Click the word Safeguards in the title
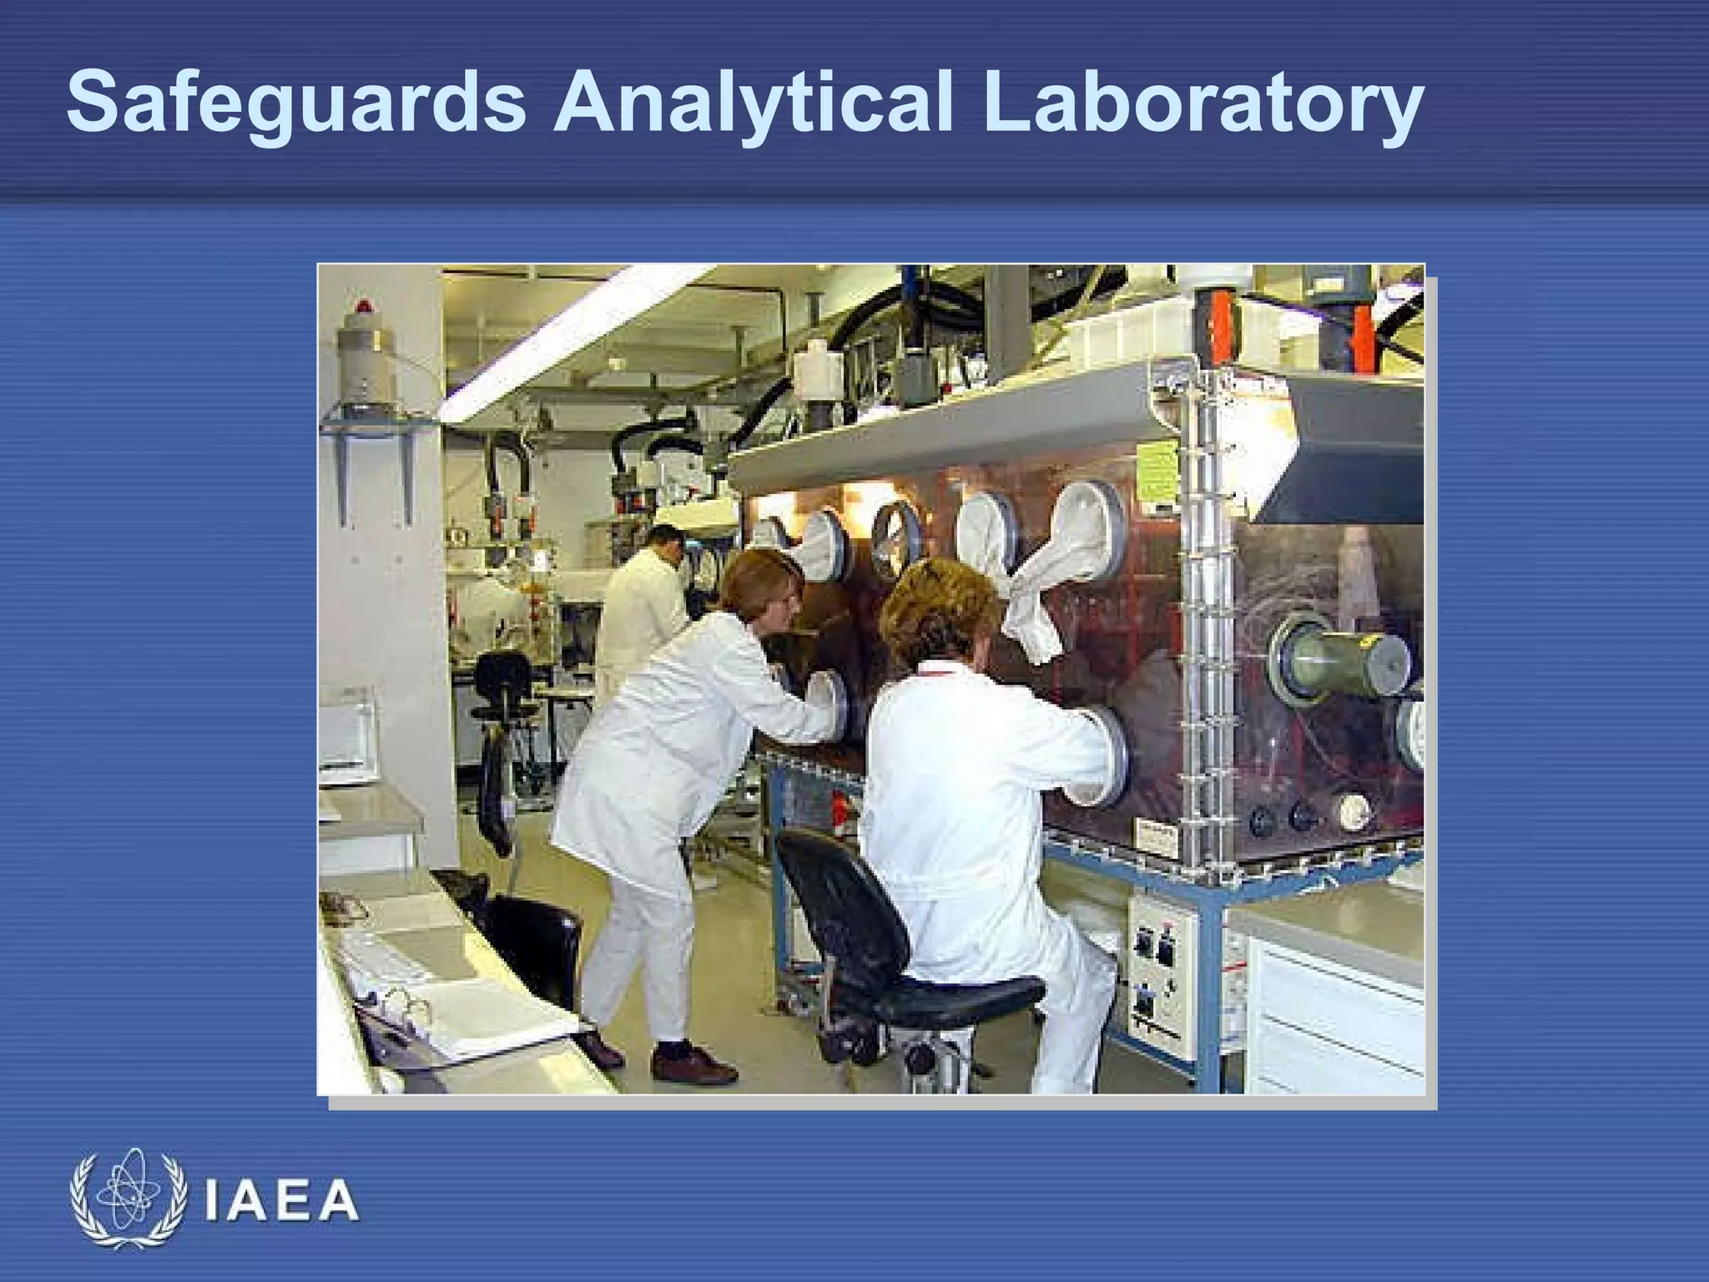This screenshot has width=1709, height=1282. [296, 104]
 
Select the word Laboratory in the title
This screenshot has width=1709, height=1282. [1202, 104]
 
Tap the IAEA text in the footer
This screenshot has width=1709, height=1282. [281, 1202]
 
